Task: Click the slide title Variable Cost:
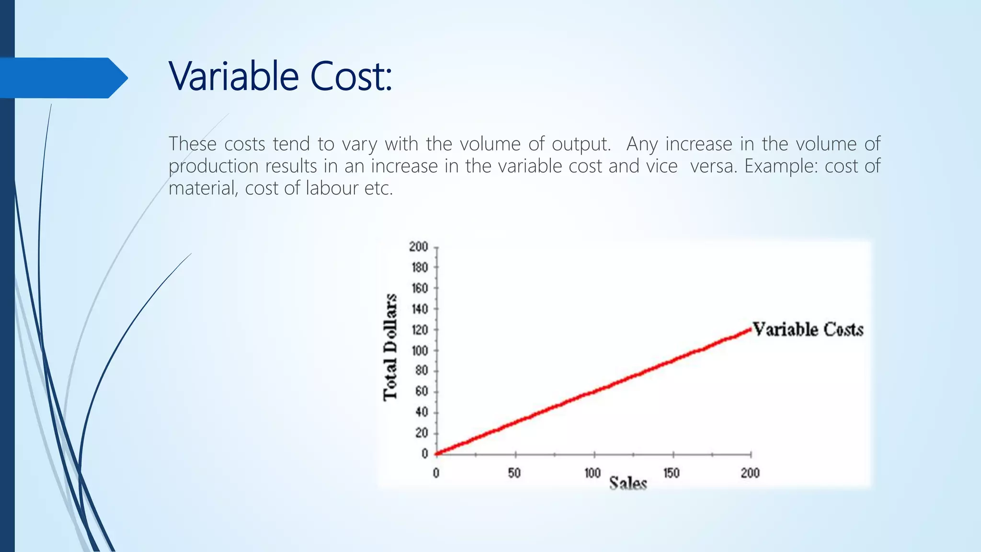280,77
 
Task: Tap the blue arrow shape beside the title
62,78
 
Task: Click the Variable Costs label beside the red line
808,330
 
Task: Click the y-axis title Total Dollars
390,347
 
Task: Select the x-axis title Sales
628,483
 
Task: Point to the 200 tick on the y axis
418,247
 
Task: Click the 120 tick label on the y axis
419,330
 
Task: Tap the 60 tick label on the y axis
422,391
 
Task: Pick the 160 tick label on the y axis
419,288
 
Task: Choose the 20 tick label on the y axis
422,433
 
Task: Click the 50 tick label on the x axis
514,473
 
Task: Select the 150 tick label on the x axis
671,473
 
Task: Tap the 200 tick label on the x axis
750,473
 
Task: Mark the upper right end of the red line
750,330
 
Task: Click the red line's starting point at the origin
437,453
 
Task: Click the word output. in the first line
581,144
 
